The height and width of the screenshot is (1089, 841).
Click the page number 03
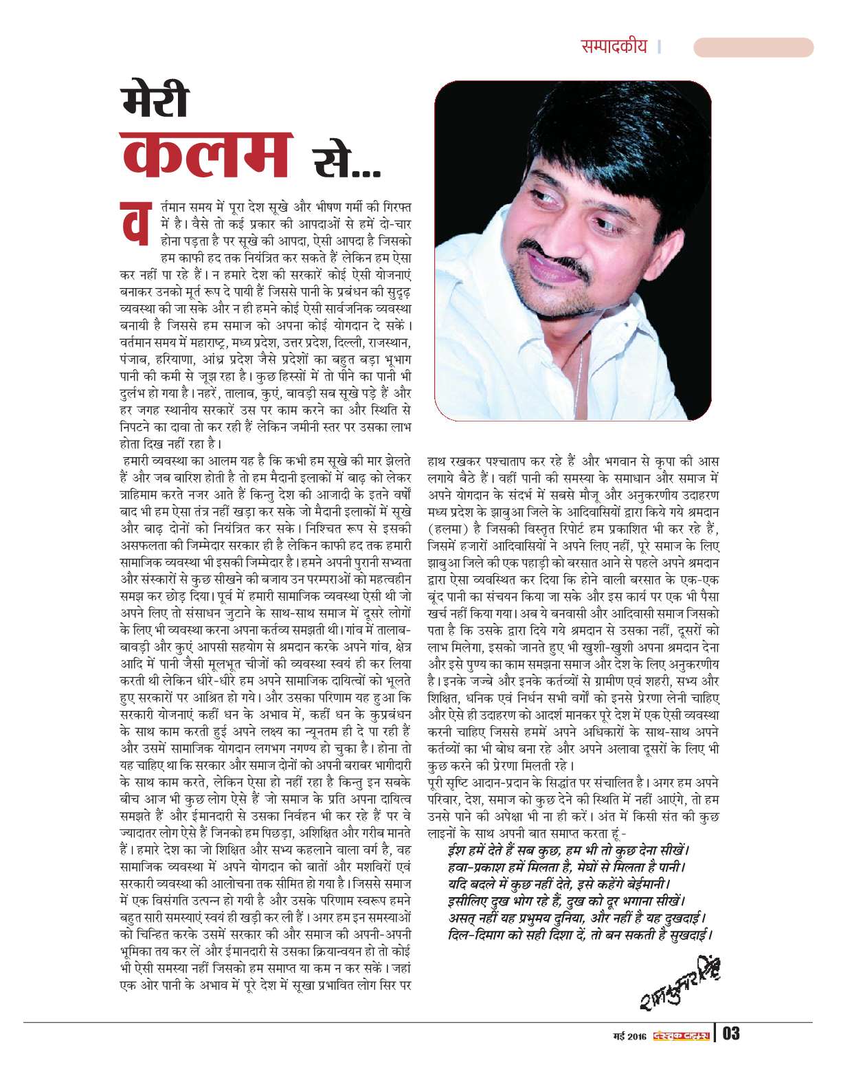click(731, 1033)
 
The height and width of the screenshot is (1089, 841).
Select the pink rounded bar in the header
click(752, 47)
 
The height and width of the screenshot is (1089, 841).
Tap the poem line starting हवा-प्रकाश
click(566, 864)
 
